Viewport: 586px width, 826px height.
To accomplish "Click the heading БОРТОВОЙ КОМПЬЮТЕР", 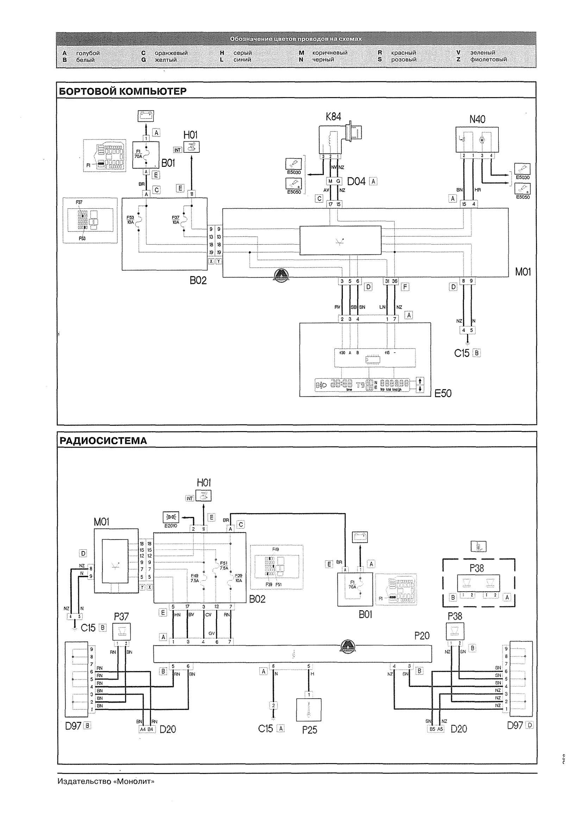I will [123, 91].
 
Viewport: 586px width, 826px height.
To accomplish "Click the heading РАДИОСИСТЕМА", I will [103, 441].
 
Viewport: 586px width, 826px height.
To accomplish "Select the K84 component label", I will [333, 116].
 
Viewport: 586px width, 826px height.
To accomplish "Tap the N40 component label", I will [477, 119].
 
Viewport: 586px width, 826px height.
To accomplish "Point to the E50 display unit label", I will [443, 393].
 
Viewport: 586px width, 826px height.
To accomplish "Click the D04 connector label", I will [356, 182].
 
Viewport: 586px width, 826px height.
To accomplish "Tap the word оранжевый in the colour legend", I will [171, 53].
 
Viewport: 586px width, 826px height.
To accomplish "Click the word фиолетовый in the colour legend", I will [488, 59].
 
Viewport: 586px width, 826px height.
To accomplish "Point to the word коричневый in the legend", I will [330, 53].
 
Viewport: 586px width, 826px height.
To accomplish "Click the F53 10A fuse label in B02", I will [130, 220].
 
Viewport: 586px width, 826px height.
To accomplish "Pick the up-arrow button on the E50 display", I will [420, 381].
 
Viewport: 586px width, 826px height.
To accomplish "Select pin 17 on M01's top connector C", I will [330, 204].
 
